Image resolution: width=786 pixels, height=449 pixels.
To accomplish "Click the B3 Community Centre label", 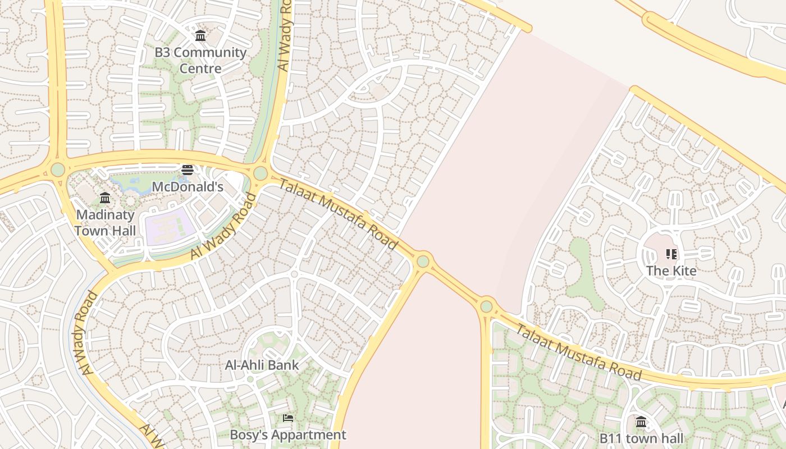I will coord(200,61).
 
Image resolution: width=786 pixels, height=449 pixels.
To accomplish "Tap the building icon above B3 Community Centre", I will coord(200,36).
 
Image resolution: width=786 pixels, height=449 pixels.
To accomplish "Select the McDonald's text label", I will coord(188,187).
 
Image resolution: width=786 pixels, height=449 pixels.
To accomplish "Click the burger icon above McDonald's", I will coord(188,169).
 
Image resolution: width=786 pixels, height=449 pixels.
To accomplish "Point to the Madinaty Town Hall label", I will coord(105,223).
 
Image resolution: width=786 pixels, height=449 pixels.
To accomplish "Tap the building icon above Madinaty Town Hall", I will coord(105,198).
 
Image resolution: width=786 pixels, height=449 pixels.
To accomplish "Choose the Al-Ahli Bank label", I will coord(262,365).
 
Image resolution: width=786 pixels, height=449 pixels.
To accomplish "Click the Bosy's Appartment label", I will coord(288,434).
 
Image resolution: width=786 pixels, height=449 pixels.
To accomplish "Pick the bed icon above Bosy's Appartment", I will coord(288,418).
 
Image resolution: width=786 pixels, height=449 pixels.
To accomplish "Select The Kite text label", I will coord(671,271).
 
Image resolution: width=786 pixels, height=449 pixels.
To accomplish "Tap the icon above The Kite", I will coord(671,254).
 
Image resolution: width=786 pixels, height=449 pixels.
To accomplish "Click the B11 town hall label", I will coord(641,438).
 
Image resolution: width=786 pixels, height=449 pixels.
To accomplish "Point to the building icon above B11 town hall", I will coord(641,421).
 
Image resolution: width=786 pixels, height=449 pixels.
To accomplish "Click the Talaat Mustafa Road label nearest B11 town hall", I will coord(578,352).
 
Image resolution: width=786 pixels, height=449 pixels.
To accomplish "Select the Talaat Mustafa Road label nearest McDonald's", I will coord(339,214).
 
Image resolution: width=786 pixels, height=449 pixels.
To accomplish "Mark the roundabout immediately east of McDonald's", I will coord(261,173).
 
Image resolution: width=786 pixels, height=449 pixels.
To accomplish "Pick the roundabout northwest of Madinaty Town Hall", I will coord(58,169).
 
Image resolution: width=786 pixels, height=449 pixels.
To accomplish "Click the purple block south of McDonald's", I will coord(170,226).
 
